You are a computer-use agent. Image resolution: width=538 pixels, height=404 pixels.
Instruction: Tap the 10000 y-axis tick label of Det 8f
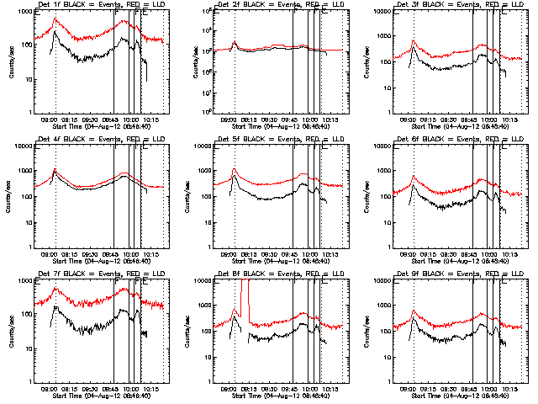click(x=202, y=282)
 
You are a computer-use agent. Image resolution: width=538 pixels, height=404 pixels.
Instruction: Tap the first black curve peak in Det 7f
click(x=55, y=307)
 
